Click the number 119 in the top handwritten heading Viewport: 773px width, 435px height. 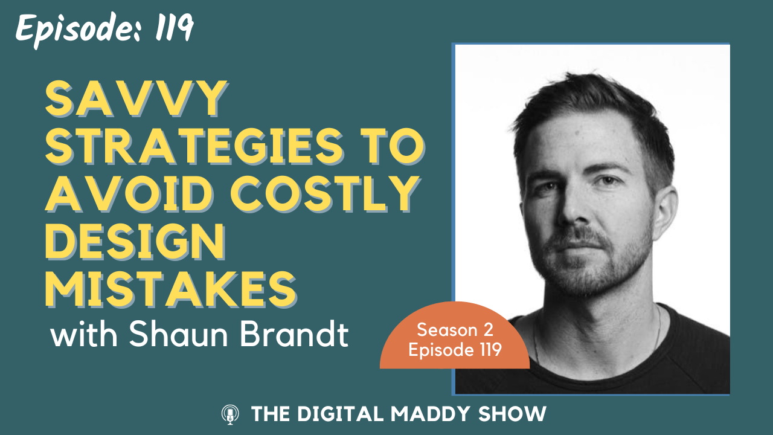(x=174, y=28)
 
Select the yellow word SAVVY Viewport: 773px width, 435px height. (x=136, y=99)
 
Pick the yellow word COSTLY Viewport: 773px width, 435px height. (x=325, y=194)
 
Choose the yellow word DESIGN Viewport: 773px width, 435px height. (x=135, y=242)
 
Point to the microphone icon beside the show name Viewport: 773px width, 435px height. (x=230, y=414)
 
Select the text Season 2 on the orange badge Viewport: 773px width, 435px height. (x=455, y=330)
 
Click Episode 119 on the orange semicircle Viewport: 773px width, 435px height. (x=455, y=350)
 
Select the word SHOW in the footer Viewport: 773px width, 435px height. (x=513, y=414)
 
